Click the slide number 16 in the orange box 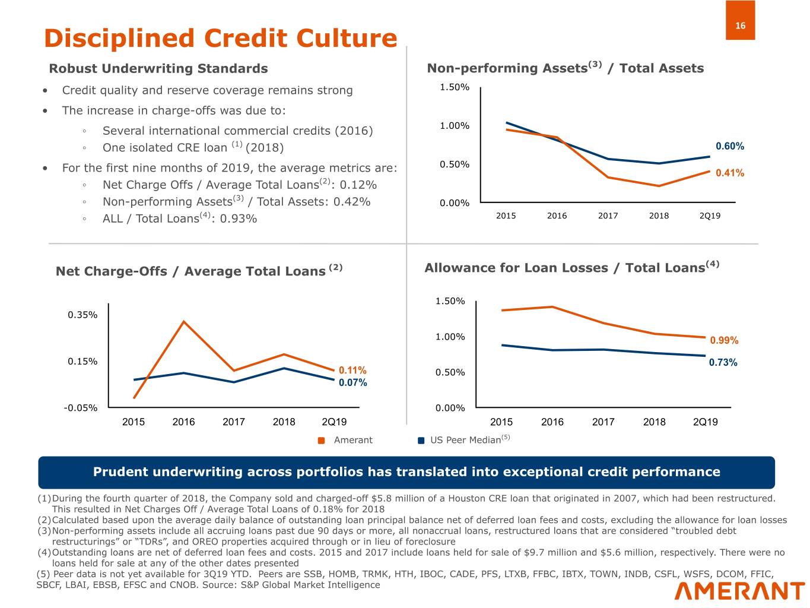(740, 26)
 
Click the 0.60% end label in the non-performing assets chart (729, 146)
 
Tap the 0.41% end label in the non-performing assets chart (729, 173)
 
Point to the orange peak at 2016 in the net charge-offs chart (184, 322)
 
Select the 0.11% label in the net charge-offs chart (352, 370)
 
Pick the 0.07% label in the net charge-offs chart (352, 382)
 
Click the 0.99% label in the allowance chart (724, 340)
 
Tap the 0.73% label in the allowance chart (723, 362)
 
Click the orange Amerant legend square (322, 441)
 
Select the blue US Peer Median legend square (421, 441)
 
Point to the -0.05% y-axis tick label (81, 408)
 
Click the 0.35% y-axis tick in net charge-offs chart (82, 315)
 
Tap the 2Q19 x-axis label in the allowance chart (705, 422)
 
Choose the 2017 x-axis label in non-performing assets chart (608, 216)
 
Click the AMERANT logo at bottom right (739, 591)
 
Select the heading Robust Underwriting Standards (158, 68)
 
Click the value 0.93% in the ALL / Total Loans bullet (238, 218)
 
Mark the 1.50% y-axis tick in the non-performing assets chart (454, 87)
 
